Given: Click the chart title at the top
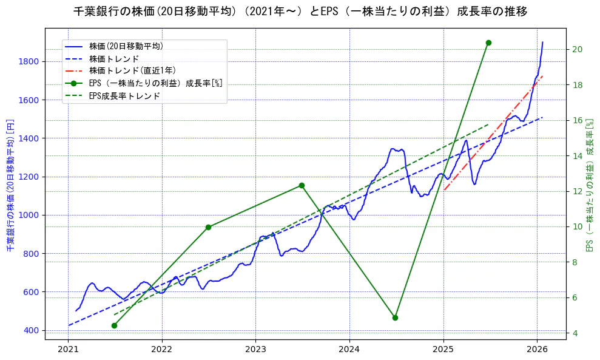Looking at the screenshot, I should (x=300, y=12).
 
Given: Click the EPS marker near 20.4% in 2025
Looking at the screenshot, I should (x=488, y=42).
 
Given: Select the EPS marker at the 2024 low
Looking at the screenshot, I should (x=395, y=318).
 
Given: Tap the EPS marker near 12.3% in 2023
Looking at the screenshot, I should (x=302, y=185).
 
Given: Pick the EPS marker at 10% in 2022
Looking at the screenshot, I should (x=208, y=227).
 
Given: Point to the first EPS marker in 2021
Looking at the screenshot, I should (x=114, y=325).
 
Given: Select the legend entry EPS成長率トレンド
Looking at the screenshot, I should (x=124, y=96).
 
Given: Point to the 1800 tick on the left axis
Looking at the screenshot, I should (x=29, y=61).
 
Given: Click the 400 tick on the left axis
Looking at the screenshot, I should (x=32, y=330).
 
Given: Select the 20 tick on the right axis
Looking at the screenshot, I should (x=577, y=49).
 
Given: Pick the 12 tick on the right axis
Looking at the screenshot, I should (x=577, y=191).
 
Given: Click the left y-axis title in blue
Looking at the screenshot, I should (x=10, y=185).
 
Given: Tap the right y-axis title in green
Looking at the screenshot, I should (x=588, y=185).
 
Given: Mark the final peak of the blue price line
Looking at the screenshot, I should (x=542, y=42).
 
